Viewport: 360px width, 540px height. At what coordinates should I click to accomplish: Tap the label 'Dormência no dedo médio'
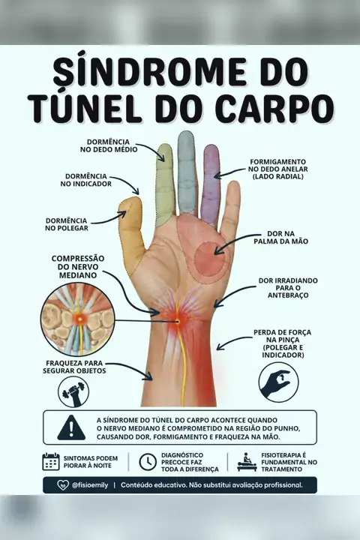109,145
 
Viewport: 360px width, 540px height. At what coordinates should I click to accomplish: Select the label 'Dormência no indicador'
86,180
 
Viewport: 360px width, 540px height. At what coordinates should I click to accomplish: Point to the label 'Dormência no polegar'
67,224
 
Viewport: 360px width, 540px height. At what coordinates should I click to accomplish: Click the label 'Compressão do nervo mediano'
78,267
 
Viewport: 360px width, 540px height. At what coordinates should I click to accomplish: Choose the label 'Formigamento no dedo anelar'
278,169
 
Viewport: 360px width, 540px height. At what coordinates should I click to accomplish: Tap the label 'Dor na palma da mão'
280,238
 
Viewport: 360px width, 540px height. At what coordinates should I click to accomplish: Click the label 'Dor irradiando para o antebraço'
288,288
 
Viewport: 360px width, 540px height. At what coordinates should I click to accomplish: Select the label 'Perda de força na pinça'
283,343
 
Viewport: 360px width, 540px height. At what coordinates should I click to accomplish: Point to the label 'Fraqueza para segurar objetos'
74,367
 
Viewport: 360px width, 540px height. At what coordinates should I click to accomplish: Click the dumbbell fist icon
73,392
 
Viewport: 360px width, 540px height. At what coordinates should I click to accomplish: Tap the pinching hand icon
278,382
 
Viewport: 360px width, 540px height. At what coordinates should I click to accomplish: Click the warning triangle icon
71,427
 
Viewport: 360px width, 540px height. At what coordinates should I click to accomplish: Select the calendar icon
51,462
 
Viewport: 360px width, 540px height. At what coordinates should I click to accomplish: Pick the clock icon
148,462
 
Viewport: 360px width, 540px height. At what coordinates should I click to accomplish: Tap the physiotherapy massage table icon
247,462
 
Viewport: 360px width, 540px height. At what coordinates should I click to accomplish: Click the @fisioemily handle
90,485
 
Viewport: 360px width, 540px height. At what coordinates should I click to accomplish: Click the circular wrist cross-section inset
78,319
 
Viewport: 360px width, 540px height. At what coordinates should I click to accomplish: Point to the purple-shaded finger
211,184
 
